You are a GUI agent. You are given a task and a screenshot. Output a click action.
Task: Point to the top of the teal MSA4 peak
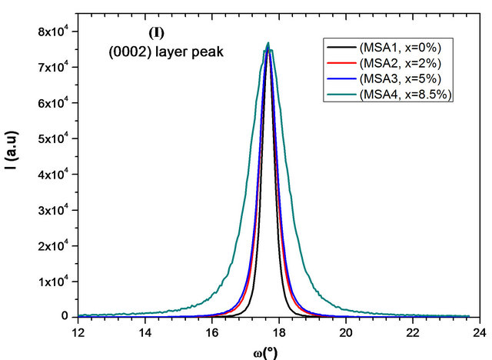click(x=268, y=43)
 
